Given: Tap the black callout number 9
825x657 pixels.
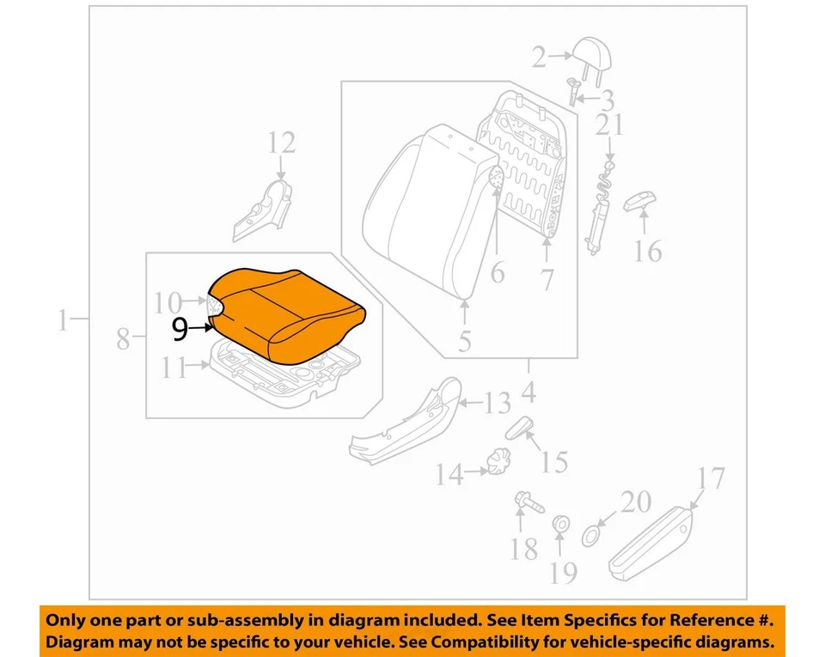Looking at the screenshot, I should [x=180, y=327].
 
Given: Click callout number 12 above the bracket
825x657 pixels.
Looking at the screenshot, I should [x=281, y=143].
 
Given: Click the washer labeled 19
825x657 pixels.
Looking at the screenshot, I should [x=560, y=523].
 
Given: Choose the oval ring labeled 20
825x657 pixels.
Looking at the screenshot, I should [x=592, y=536].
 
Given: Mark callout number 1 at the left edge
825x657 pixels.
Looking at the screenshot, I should [x=62, y=321].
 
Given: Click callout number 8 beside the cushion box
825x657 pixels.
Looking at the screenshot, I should [x=124, y=340].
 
